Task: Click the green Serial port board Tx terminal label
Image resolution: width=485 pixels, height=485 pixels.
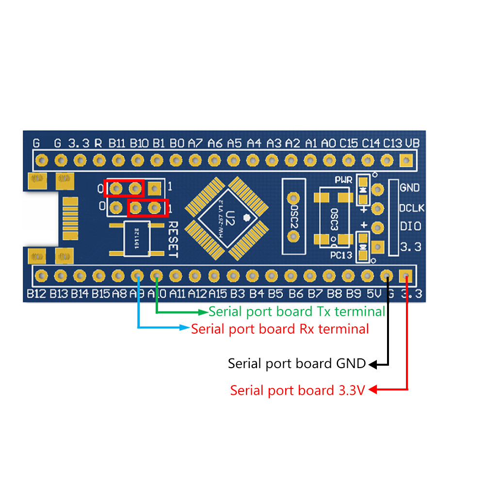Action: [297, 311]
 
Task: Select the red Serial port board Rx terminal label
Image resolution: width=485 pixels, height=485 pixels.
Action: [280, 329]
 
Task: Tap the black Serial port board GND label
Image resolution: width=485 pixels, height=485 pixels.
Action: [297, 363]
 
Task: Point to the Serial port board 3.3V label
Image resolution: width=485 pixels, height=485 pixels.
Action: [297, 390]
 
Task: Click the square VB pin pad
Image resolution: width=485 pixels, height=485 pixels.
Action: [406, 160]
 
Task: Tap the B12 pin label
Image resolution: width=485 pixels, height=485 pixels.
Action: [36, 293]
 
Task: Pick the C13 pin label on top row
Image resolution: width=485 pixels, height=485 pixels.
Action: [392, 144]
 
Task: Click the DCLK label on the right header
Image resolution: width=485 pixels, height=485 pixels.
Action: [412, 208]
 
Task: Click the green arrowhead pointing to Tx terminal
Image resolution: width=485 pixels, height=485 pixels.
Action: [204, 311]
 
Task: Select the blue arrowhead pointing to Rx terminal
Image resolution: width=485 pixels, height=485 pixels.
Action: [186, 328]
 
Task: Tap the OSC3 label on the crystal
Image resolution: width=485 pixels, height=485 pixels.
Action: [334, 219]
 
